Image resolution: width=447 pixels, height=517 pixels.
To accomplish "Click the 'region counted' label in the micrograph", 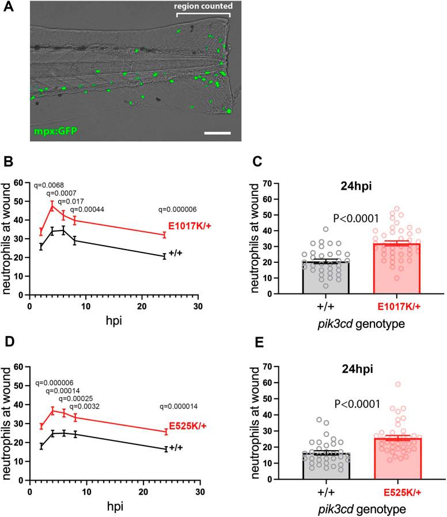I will (x=204, y=7).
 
